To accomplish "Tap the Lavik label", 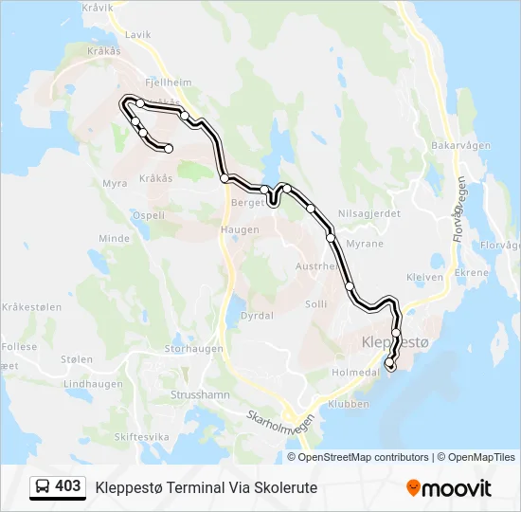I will coord(137,35).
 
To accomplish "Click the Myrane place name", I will coord(365,244).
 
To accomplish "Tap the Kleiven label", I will coord(424,278).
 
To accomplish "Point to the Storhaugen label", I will coord(194,348).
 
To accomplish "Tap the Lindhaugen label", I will coord(93,384).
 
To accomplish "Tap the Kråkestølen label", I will coord(31,307).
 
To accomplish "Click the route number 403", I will coord(67,486).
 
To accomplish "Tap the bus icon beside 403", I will coord(44,487).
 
